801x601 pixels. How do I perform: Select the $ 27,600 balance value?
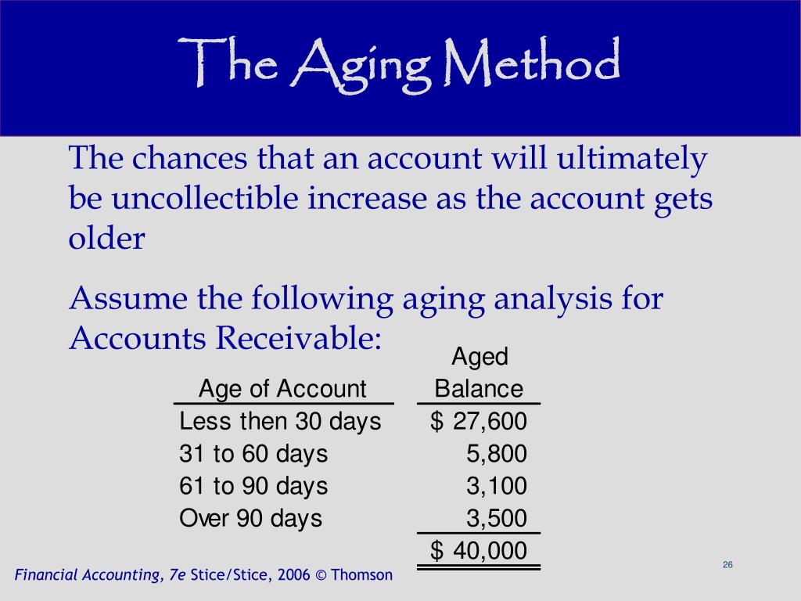(479, 422)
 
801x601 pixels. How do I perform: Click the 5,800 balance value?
(497, 454)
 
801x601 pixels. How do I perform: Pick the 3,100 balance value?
(497, 486)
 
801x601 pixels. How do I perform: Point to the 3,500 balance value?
(497, 518)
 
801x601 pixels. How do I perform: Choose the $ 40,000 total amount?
(479, 551)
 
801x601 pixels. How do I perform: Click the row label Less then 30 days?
(281, 422)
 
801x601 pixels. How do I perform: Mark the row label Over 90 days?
(251, 519)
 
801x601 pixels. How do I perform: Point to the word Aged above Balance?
(480, 357)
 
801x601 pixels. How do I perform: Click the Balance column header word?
(480, 389)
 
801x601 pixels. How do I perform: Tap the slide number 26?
(728, 565)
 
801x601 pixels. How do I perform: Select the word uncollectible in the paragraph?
(205, 198)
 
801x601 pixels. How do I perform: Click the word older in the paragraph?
(106, 238)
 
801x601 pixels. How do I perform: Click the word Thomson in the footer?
(361, 575)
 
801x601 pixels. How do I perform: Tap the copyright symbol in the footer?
(321, 575)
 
